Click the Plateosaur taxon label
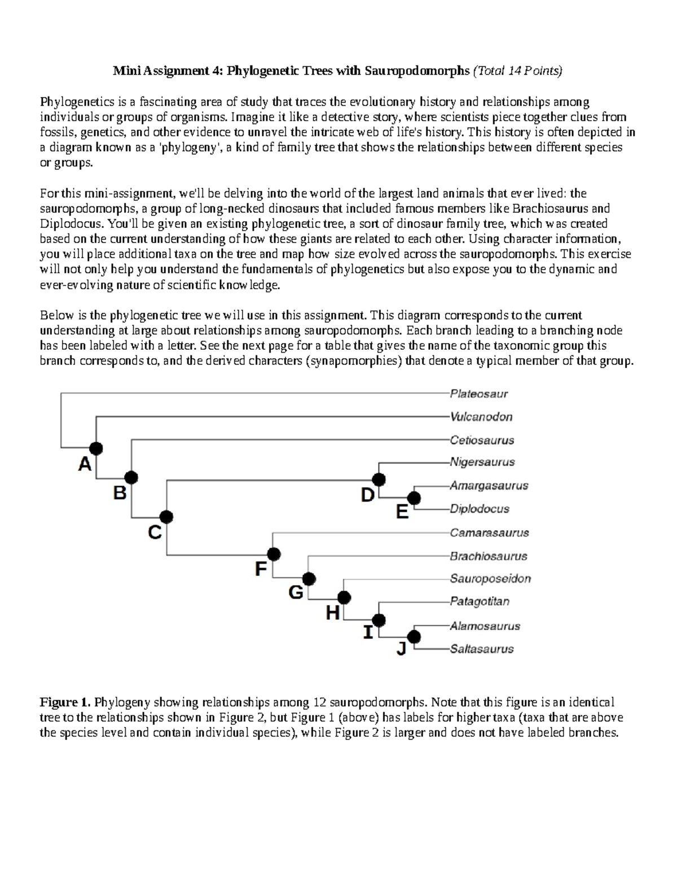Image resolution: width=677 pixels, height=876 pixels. point(478,394)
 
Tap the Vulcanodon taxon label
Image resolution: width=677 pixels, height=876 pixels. point(481,417)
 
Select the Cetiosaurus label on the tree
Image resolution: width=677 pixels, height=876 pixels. point(482,440)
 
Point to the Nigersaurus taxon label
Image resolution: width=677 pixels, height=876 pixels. point(482,462)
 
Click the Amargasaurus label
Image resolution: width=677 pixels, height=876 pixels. point(489,486)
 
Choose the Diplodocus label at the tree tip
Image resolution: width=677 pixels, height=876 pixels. point(479,509)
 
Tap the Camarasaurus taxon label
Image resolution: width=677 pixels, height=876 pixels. point(489,532)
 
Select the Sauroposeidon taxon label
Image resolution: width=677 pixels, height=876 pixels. point(490,579)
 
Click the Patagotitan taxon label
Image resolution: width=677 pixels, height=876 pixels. point(479,601)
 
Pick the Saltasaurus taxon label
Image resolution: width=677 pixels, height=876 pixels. point(481,649)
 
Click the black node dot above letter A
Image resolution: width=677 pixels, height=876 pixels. point(96,448)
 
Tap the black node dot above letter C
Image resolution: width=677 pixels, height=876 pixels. point(166,516)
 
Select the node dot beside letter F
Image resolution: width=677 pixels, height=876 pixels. point(274,554)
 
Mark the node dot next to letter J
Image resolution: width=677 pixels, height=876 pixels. point(414,637)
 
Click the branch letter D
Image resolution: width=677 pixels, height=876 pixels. point(367,496)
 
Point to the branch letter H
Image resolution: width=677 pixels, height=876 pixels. point(333,613)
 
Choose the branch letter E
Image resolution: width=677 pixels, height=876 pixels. point(402,512)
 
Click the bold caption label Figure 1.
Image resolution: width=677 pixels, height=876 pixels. point(64,702)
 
